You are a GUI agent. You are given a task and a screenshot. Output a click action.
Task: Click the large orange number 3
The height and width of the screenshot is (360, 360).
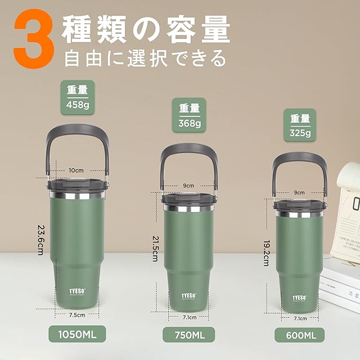point(34,39)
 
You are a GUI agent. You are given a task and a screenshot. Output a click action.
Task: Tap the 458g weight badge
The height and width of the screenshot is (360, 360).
point(78,97)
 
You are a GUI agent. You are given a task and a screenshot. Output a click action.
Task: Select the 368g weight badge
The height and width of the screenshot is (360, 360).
point(189,115)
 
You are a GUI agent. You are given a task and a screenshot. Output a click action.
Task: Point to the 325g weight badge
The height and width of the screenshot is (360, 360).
point(300,125)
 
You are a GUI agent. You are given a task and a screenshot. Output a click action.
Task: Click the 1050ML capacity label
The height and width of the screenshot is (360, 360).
point(77,334)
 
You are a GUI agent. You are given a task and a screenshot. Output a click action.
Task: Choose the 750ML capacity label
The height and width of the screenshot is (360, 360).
point(189,335)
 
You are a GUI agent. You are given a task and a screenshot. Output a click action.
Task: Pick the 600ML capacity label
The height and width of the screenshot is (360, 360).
point(300,335)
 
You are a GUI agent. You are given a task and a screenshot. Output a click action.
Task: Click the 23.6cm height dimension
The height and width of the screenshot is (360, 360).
point(41,240)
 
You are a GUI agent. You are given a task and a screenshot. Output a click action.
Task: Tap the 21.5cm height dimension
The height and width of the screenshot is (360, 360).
point(155,249)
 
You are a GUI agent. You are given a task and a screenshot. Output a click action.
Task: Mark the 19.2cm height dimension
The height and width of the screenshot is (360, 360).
point(266,253)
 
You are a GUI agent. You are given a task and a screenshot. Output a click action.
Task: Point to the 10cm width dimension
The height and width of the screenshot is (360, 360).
point(76,170)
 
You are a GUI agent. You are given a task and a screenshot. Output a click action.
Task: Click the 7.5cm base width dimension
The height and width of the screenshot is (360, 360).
point(77,315)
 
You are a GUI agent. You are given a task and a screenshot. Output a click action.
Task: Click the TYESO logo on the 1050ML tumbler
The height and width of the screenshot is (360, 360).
point(77,291)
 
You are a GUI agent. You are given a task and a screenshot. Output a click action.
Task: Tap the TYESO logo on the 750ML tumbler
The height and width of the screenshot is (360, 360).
point(189,296)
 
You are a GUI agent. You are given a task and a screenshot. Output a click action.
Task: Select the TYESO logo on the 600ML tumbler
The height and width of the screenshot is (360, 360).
point(299,298)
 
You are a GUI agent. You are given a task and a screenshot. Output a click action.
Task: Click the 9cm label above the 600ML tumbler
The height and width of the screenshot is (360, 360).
point(299,192)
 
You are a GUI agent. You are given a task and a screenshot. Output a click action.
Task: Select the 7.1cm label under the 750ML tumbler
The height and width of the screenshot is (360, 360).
point(190,317)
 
